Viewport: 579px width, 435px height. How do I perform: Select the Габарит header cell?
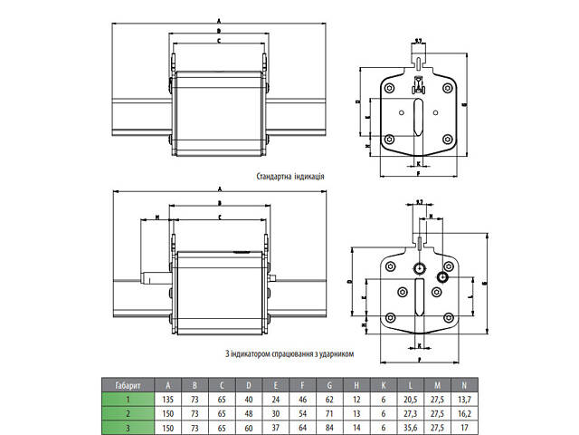click(x=127, y=383)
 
